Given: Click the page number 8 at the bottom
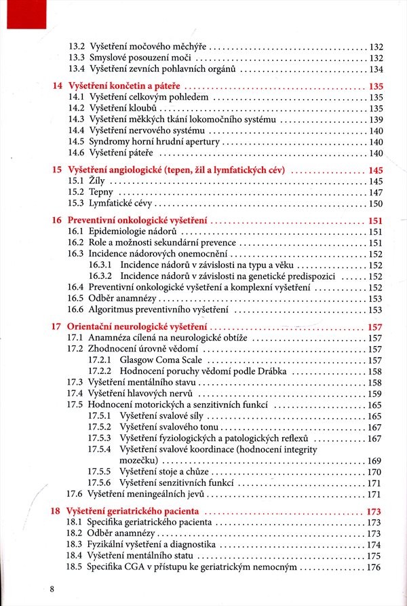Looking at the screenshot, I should pos(52,588).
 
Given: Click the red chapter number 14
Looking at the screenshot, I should pos(56,86).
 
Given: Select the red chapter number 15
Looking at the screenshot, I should pos(56,170).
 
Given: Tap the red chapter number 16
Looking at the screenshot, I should pos(56,221).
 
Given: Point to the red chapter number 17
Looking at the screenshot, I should pos(56,326).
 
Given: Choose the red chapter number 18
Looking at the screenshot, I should pos(56,510).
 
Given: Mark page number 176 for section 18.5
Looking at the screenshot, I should pos(374,567).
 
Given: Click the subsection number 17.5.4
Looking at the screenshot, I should pos(100,449).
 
